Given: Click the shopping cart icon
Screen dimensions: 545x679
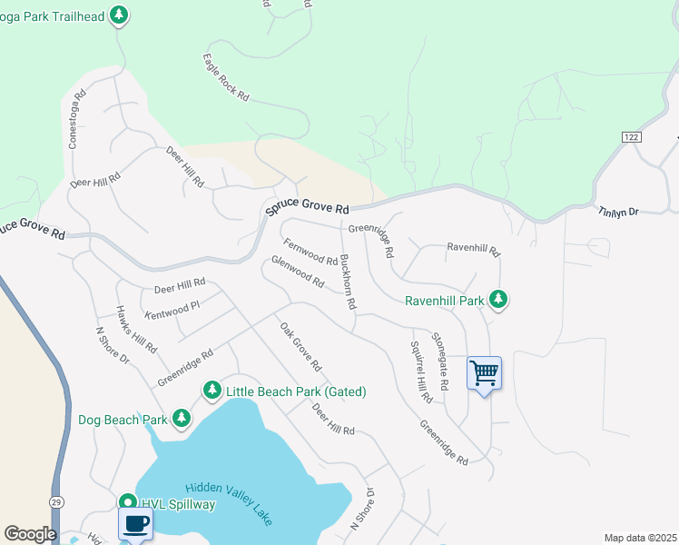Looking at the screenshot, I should pos(484,372).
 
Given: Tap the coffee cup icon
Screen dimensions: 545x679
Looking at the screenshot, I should pos(135,523).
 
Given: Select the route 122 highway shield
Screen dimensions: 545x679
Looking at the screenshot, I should pos(632,136).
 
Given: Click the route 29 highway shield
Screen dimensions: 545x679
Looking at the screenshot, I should pos(56,502).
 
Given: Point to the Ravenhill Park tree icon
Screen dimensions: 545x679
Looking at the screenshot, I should pos(497,298).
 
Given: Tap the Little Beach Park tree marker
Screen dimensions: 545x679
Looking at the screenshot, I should pos(212,391).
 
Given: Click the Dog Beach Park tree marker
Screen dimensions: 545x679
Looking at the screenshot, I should pos(182,418).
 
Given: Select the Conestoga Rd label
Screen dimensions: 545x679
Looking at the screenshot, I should pos(76,118).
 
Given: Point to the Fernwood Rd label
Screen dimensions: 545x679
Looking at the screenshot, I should pos(310,253).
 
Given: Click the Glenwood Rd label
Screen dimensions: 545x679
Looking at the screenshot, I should pos(298,272).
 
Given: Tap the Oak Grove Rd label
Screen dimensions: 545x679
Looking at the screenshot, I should pos(300,347).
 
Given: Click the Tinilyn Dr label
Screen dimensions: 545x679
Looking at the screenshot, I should pos(619,211).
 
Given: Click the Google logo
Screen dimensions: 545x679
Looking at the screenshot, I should pos(30,533).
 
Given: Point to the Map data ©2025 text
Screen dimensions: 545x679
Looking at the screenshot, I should pos(639,538).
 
